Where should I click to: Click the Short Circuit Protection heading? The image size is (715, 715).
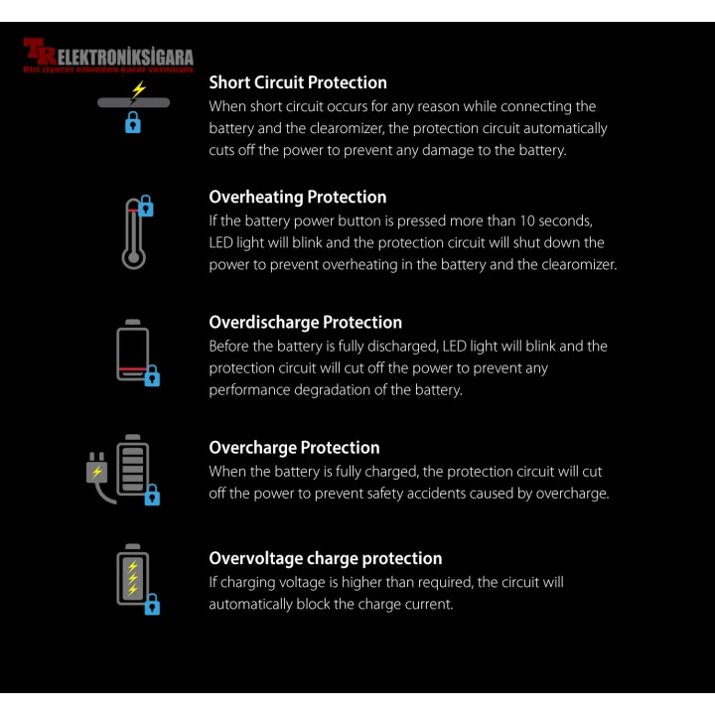pos(297,82)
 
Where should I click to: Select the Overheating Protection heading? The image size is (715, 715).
pos(297,197)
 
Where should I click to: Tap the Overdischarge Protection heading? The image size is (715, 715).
pos(305,322)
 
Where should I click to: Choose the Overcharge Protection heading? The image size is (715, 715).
pos(294,447)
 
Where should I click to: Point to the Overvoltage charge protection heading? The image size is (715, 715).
pos(325,558)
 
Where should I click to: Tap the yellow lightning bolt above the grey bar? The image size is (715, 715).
pos(138,89)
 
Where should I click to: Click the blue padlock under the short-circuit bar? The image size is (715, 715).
pos(133,123)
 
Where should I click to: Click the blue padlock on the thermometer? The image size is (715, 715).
pos(146,207)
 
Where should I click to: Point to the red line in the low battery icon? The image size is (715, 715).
pos(131,369)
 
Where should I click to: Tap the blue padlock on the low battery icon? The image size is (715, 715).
pos(152,376)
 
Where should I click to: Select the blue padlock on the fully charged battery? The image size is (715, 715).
pos(152,495)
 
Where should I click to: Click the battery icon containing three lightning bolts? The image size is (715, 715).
pos(131,576)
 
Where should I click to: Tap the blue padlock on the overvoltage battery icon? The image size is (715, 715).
pos(152,604)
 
